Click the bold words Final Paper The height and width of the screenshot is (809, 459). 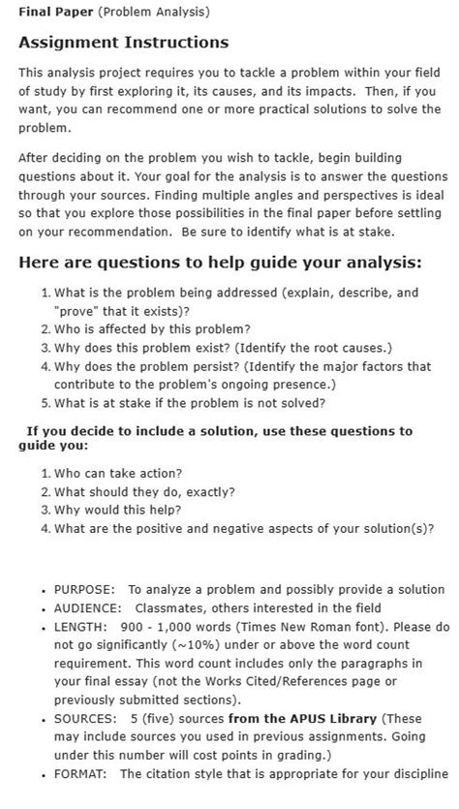pos(47,12)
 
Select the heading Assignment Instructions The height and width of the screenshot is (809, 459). pos(124,43)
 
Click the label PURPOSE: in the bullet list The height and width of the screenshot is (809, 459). pos(84,589)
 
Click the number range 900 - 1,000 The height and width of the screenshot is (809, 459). pos(160,626)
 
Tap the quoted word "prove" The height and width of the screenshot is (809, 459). pos(80,310)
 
